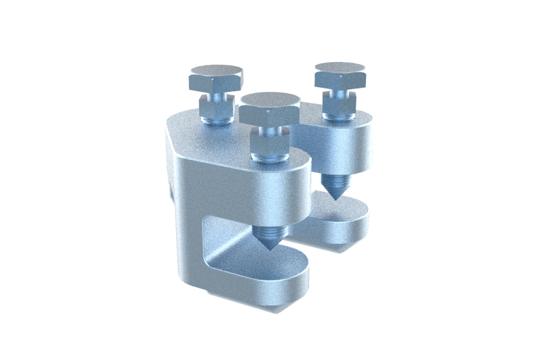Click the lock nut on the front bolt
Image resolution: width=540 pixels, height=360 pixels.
[x=270, y=141]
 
